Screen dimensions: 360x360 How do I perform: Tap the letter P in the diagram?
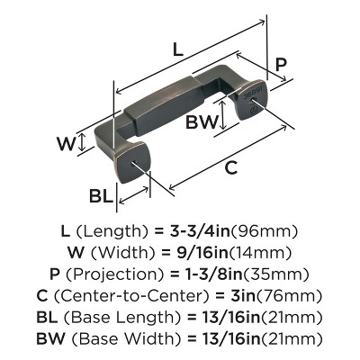[281, 65]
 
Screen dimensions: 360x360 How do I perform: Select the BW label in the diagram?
[202, 120]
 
